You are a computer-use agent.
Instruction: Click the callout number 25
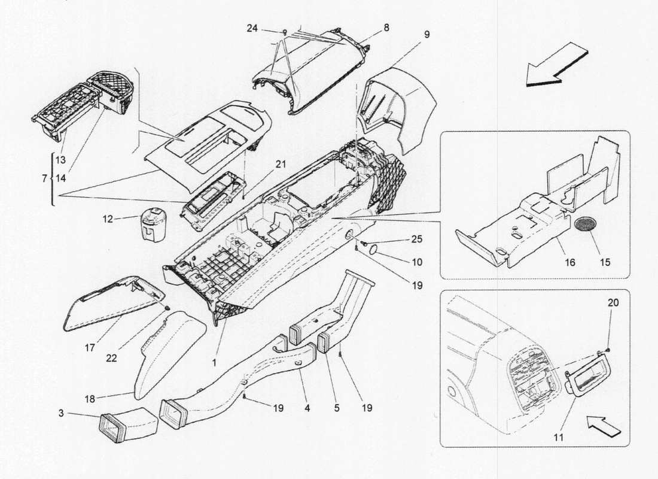tap(416, 239)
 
